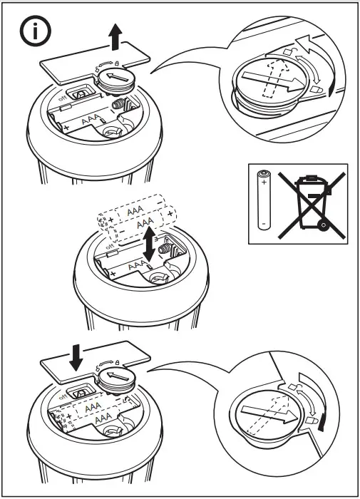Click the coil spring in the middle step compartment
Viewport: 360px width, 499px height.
point(168,252)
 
